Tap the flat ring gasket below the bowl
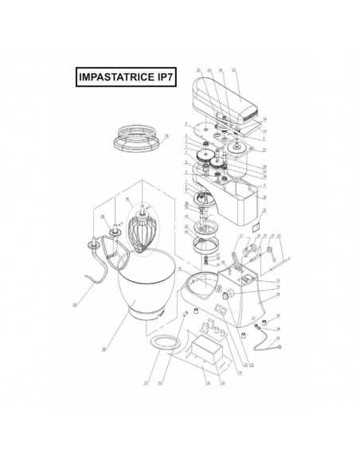click(163, 342)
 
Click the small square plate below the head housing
click(257, 226)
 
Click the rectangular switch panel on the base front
click(247, 279)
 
